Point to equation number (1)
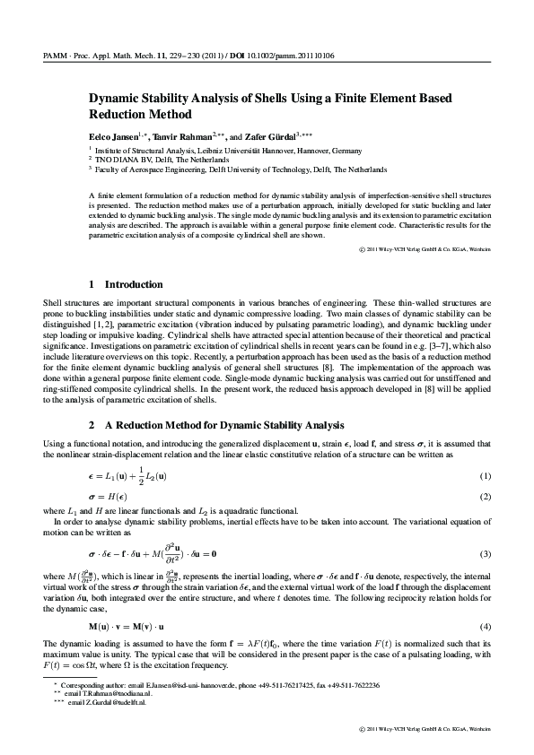(x=486, y=474)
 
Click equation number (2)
(x=486, y=496)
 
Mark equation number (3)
(x=486, y=555)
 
